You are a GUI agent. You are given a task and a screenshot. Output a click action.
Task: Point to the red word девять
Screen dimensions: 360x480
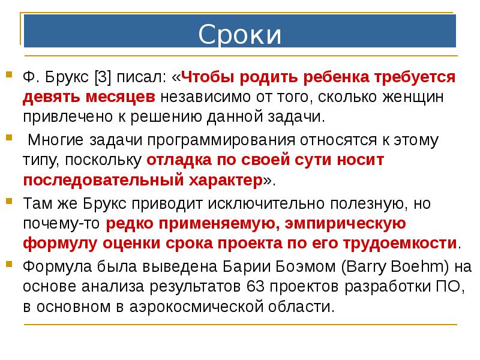click(54, 97)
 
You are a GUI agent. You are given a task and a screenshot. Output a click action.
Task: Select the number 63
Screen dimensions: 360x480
click(257, 287)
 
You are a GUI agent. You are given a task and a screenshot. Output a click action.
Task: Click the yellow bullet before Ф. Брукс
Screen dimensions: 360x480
click(10, 75)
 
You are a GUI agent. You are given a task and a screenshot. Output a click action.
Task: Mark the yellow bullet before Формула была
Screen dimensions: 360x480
click(10, 265)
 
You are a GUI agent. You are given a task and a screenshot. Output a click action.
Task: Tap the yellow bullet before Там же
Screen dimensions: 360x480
click(10, 201)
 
